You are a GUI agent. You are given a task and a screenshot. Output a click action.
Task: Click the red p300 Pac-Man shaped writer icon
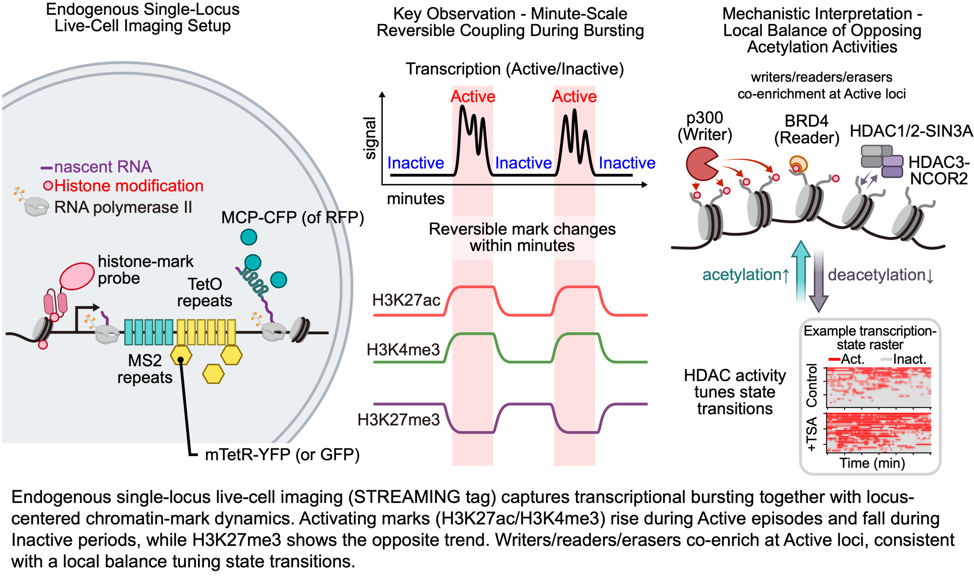point(701,164)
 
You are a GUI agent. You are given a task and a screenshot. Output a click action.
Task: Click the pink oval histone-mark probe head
point(77,276)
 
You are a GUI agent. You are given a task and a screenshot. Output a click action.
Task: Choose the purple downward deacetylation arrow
point(818,280)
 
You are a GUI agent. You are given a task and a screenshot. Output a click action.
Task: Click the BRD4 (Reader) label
point(806,129)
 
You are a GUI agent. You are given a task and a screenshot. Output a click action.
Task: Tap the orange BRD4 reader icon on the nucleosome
point(798,164)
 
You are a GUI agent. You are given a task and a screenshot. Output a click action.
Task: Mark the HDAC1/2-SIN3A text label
point(911,131)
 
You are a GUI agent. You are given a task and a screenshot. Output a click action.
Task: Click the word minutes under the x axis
point(415,199)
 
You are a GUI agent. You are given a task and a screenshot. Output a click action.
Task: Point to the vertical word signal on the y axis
point(370,138)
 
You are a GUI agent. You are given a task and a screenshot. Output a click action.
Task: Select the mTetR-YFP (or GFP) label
point(282,455)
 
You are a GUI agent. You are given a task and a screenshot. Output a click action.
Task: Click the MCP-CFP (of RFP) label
point(292,217)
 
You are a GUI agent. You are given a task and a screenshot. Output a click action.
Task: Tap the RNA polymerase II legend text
point(123,207)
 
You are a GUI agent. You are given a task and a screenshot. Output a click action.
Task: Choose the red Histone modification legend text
point(129,186)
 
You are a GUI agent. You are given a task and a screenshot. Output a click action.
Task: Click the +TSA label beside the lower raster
point(811,434)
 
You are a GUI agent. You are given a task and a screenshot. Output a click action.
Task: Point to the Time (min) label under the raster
point(872,463)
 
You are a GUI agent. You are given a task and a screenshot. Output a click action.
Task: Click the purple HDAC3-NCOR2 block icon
point(892,166)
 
